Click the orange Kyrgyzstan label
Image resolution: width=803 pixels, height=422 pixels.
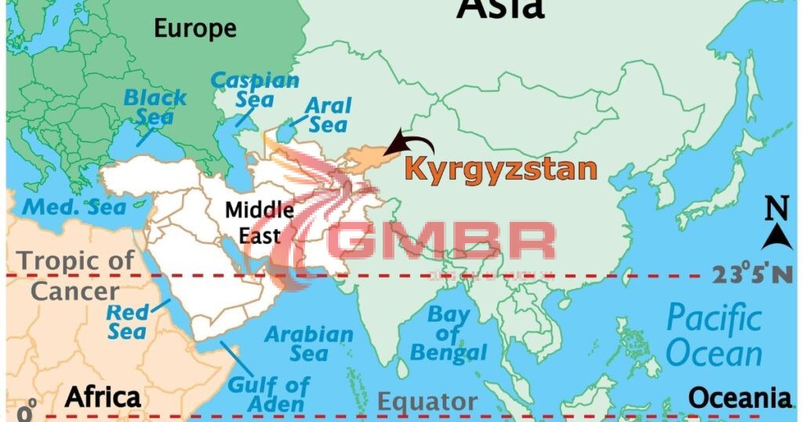tap(500, 169)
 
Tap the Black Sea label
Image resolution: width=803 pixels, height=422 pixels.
tap(155, 107)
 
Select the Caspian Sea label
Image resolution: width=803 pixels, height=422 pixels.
tap(256, 89)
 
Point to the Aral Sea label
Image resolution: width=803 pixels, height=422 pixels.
tap(328, 115)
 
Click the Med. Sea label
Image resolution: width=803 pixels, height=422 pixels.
tap(74, 208)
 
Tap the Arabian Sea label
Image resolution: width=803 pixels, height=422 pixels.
tap(309, 344)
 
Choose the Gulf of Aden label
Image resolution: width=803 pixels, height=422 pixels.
tap(268, 395)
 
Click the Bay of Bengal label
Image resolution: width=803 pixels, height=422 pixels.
tap(449, 334)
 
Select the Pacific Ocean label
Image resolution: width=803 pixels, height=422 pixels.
tap(714, 336)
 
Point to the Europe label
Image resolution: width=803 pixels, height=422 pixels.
tap(194, 29)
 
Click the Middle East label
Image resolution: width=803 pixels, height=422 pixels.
tap(260, 222)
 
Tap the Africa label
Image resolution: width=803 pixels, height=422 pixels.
tap(103, 397)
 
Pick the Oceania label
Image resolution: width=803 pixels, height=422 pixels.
tap(740, 397)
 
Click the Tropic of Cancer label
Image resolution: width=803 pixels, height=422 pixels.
tap(75, 275)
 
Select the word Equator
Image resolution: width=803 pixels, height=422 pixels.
tap(427, 402)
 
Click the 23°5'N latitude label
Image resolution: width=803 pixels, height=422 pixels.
tap(751, 275)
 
